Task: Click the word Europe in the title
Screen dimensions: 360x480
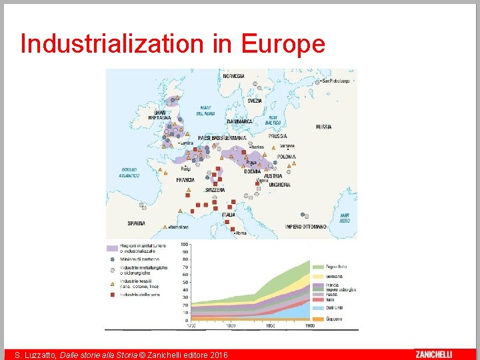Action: click(x=283, y=43)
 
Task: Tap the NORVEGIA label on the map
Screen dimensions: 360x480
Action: click(x=234, y=76)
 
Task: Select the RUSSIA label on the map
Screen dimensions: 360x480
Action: click(x=324, y=127)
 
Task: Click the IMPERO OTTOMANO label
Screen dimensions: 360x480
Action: click(x=306, y=227)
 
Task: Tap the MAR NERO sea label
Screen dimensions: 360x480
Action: click(x=345, y=217)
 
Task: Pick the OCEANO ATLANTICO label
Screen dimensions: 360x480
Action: click(x=129, y=173)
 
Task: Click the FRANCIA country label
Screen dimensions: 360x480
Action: click(x=185, y=180)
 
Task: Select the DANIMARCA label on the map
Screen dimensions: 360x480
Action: click(x=239, y=122)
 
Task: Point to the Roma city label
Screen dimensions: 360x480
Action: click(x=241, y=233)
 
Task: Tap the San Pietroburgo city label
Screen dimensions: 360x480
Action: click(x=335, y=81)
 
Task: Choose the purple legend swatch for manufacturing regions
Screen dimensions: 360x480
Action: click(x=112, y=247)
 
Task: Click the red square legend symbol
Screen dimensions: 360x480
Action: click(x=112, y=294)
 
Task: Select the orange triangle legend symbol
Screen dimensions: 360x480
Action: click(x=112, y=282)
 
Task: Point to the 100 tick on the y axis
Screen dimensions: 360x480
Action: click(x=185, y=244)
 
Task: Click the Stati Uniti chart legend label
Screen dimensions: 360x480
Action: click(x=335, y=308)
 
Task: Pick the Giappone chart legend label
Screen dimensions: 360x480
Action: click(x=334, y=319)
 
